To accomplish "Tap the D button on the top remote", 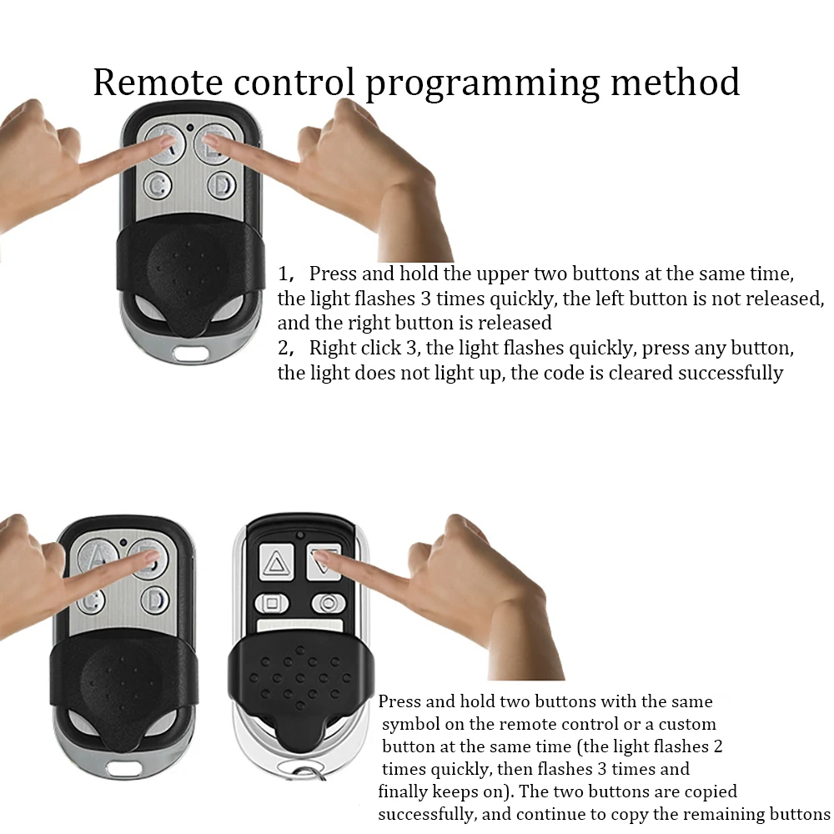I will (x=221, y=184).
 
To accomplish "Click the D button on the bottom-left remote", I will (x=155, y=599).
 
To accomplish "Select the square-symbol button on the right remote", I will (x=271, y=602).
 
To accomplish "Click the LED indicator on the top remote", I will (x=191, y=128).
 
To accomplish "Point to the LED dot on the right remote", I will (x=299, y=534).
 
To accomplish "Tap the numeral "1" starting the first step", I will (x=283, y=274).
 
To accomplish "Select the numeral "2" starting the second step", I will (x=283, y=348).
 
